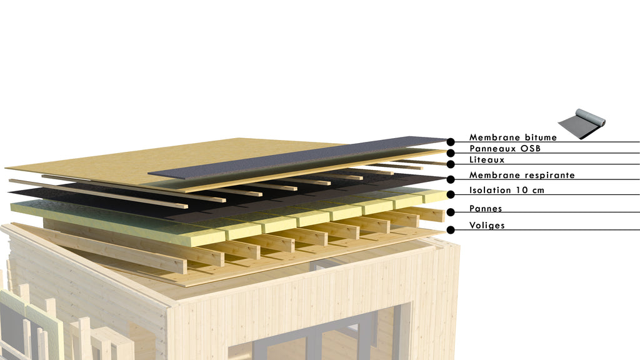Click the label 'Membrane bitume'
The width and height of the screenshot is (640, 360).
click(512, 137)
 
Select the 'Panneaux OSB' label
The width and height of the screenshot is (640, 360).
click(505, 149)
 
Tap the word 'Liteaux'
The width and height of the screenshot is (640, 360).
click(487, 159)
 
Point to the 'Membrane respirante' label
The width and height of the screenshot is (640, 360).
click(522, 175)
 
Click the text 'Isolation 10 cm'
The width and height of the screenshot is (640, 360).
click(506, 190)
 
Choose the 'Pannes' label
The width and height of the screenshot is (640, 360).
click(486, 209)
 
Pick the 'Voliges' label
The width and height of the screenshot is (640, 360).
click(487, 225)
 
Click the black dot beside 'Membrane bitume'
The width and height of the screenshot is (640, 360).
click(451, 142)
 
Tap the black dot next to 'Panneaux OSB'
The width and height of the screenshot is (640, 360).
click(451, 153)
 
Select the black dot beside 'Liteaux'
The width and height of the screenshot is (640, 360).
click(451, 164)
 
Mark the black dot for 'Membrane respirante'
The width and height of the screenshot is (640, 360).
click(451, 179)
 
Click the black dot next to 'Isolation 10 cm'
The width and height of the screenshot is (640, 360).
click(451, 195)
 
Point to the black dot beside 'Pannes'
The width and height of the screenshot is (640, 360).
click(451, 212)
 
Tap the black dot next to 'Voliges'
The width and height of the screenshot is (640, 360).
click(451, 230)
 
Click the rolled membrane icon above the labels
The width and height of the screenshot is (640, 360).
click(582, 124)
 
